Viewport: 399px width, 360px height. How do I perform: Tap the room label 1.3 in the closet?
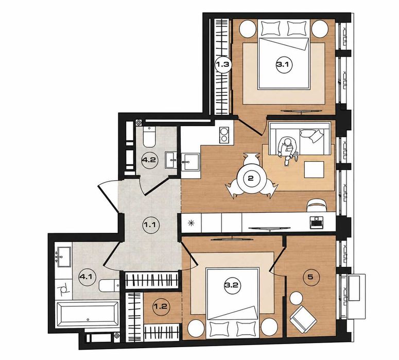point(223,65)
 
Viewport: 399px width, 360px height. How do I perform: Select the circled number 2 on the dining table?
point(251,178)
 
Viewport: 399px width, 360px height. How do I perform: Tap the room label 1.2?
point(161,306)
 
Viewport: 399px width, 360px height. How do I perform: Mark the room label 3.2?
point(232,285)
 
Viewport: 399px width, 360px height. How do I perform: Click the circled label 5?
point(310,277)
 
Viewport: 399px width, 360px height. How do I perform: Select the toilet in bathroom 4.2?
point(149,136)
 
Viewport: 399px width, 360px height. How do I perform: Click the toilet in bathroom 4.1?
point(109,286)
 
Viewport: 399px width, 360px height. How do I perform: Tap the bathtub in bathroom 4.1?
point(87,314)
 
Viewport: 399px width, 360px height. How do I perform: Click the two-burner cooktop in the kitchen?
point(224,135)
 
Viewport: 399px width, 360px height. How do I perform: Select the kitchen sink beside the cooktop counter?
point(190,162)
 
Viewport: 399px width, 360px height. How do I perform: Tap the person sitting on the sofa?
point(288,150)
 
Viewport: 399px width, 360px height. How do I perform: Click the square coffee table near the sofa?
point(314,169)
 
